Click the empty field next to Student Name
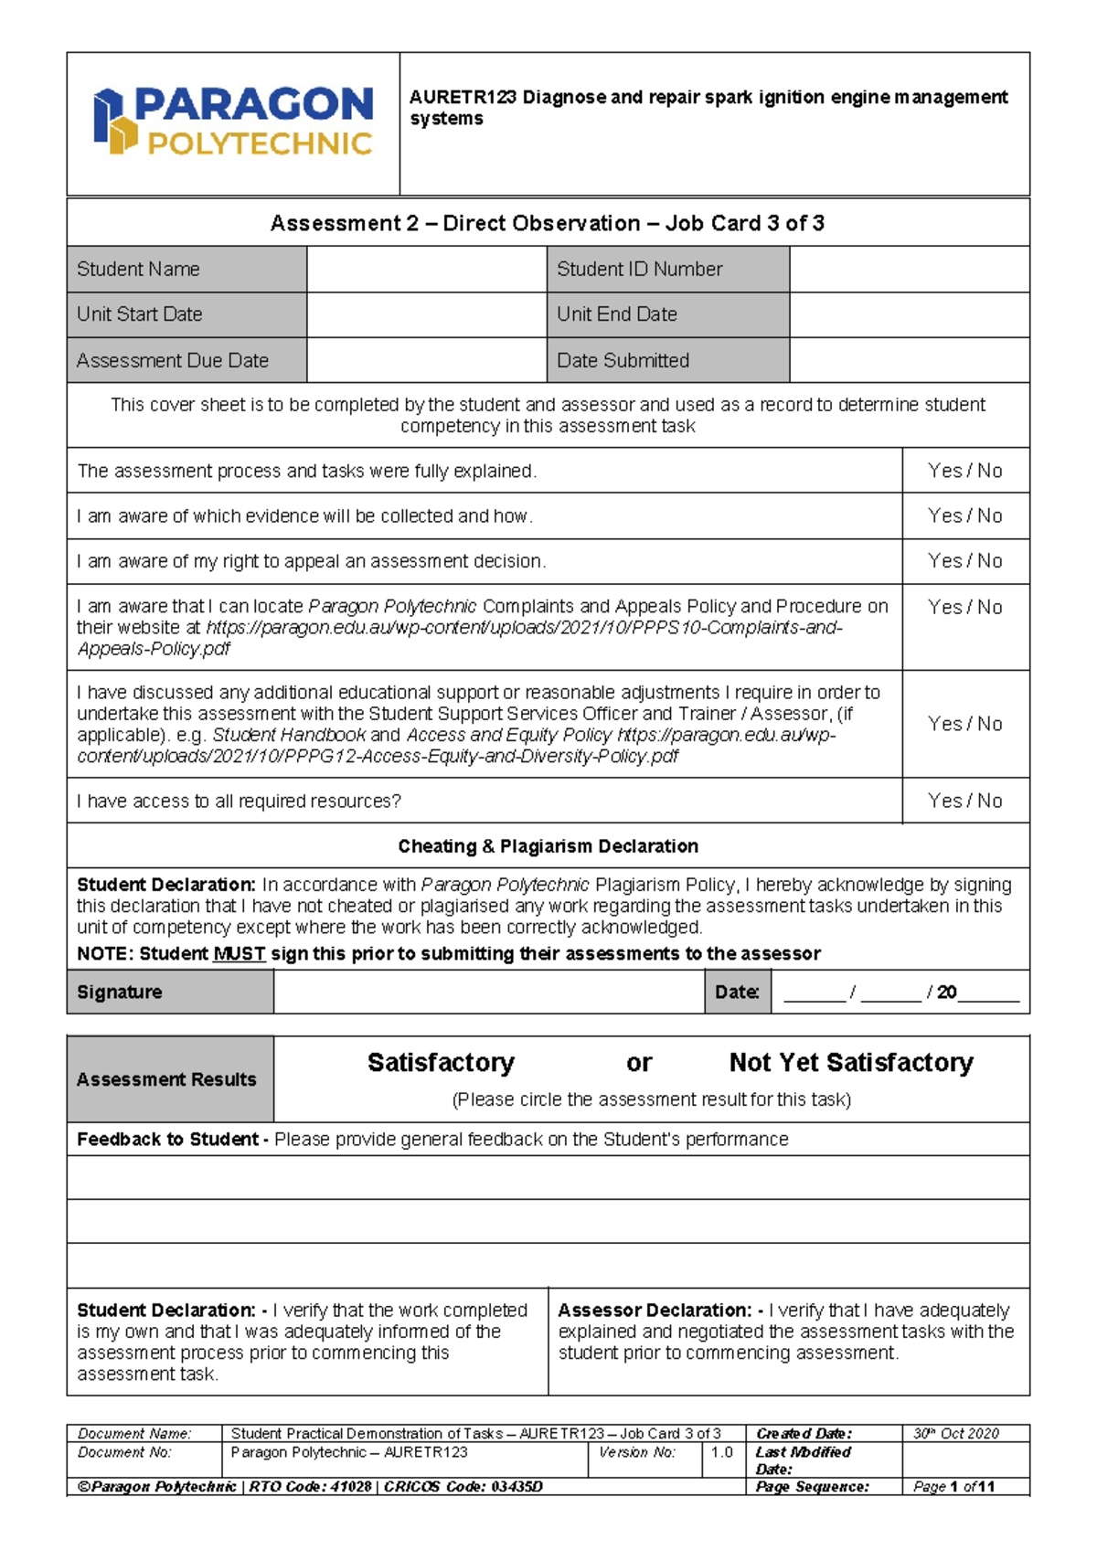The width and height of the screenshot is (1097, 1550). point(426,270)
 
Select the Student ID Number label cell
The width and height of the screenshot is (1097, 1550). point(667,270)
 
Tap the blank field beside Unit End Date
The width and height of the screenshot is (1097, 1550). point(909,314)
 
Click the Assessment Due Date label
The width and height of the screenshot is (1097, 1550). point(174,360)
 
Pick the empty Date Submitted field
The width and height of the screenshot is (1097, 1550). point(909,360)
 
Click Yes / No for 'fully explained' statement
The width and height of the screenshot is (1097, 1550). point(964,471)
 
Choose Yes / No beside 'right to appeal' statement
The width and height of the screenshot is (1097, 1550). point(964,561)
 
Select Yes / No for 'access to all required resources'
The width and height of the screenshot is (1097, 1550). point(964,801)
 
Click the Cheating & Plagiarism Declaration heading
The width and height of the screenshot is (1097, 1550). point(548,846)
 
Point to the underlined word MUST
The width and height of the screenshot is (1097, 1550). point(239,954)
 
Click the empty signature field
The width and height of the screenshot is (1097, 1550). point(488,993)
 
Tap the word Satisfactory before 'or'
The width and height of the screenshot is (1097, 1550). point(441,1063)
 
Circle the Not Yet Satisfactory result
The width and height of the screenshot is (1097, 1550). point(850,1063)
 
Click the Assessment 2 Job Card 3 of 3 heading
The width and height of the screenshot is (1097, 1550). point(548,224)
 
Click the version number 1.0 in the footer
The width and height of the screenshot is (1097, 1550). point(721,1452)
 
